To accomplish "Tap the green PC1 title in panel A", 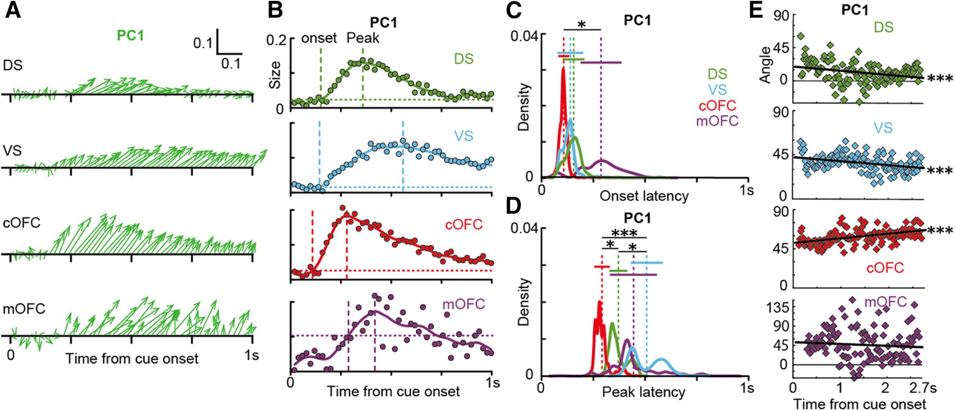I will (x=131, y=36).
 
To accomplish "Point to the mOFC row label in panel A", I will (x=24, y=309).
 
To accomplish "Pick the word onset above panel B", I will (x=319, y=38).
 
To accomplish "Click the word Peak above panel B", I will (x=363, y=38).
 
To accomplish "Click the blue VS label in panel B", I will (x=464, y=136).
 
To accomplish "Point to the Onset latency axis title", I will (x=644, y=196).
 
